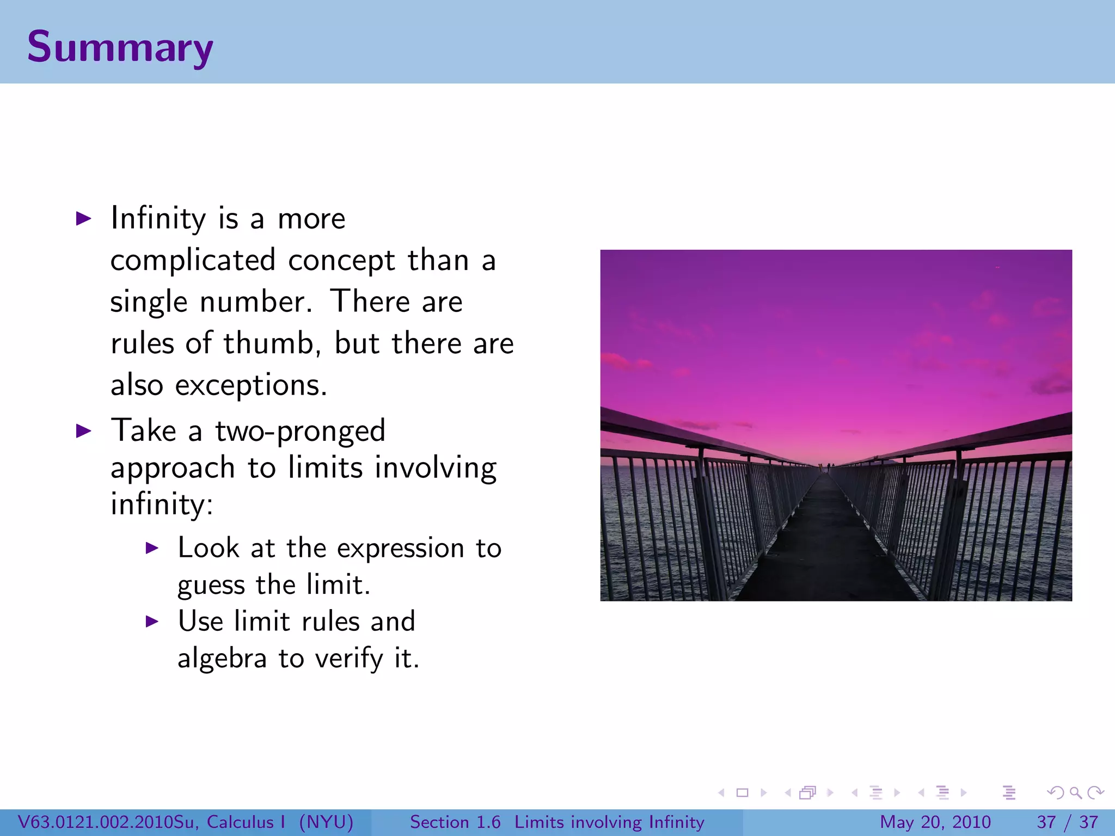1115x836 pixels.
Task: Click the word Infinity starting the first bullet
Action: tap(158, 219)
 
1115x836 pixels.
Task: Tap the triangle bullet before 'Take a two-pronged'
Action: tap(83, 432)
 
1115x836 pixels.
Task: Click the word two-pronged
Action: tap(300, 432)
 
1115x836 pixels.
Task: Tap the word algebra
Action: tap(222, 659)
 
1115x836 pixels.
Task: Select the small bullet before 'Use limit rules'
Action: tap(152, 622)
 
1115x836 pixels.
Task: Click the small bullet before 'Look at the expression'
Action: tap(152, 548)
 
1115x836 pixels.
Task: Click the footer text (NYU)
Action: tap(326, 822)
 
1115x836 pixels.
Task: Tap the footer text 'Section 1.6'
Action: tap(455, 822)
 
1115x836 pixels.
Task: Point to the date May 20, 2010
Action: tap(935, 822)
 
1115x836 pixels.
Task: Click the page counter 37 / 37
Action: tap(1067, 822)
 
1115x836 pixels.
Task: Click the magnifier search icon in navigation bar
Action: tap(1075, 792)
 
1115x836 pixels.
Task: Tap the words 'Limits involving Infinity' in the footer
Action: tap(609, 822)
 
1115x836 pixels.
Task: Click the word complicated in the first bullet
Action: tap(193, 260)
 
